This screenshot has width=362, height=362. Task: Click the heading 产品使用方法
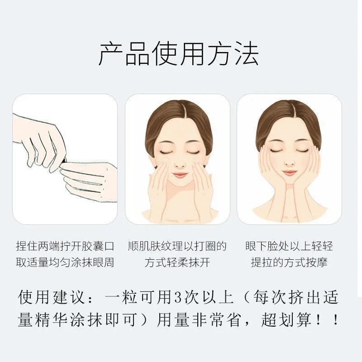click(178, 55)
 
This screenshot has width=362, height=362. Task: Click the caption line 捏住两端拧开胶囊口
click(65, 247)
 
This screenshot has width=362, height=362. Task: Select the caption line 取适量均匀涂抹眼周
click(65, 262)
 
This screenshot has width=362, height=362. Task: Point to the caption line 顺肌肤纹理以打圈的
click(177, 247)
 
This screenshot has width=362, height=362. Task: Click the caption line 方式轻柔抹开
click(177, 262)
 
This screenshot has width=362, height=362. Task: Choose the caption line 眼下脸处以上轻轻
click(289, 247)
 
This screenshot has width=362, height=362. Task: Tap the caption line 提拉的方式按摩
click(289, 262)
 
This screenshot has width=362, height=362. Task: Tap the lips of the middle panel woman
click(177, 175)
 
